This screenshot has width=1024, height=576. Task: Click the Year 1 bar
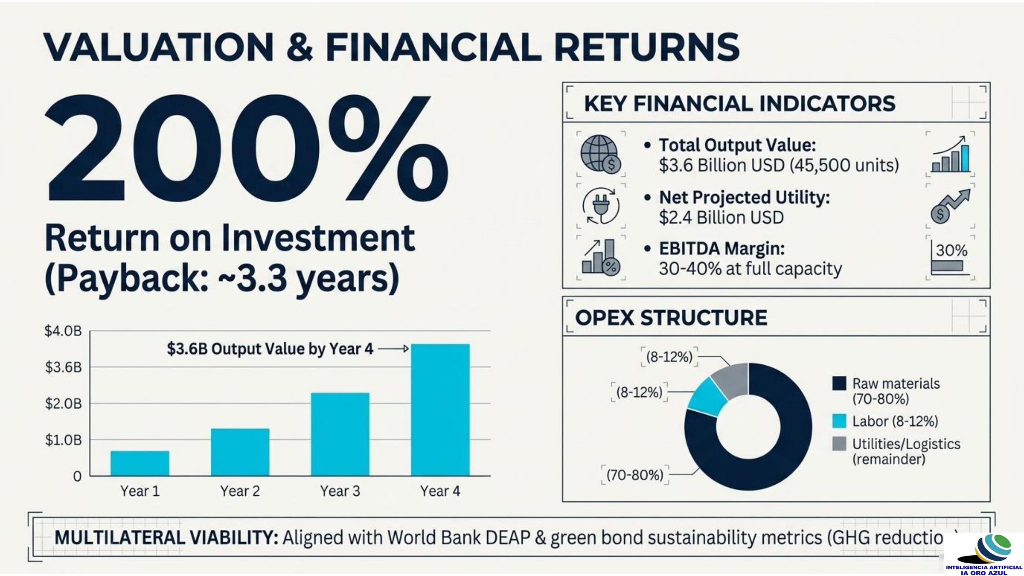[140, 463]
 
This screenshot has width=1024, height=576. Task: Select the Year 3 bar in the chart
[340, 434]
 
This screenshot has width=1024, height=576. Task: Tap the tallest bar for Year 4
[440, 410]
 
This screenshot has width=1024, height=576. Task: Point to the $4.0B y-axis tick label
[63, 331]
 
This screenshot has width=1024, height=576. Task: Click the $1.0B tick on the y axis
[63, 440]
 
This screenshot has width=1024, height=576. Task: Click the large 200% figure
[246, 148]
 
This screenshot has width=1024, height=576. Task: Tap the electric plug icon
[601, 205]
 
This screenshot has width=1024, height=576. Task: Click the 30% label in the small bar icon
[952, 250]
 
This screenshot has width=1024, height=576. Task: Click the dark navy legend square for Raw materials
[839, 384]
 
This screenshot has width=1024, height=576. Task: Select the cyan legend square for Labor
[839, 421]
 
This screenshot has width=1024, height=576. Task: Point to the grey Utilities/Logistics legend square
[839, 444]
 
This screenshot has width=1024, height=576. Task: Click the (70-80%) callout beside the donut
[635, 475]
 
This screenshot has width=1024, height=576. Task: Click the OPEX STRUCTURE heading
[671, 318]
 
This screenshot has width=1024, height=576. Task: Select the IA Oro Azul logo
[984, 555]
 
